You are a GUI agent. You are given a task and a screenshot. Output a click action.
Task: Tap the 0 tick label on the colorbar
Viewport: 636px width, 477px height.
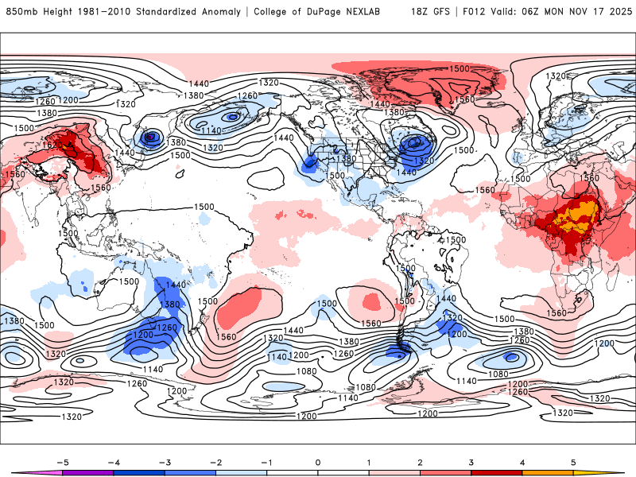(318, 461)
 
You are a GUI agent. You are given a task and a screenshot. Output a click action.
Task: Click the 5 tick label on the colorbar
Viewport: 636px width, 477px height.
(574, 461)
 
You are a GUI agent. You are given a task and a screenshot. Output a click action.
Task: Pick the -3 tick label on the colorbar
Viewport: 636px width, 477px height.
(164, 461)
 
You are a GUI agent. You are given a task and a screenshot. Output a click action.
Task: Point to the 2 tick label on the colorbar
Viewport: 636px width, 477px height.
(421, 461)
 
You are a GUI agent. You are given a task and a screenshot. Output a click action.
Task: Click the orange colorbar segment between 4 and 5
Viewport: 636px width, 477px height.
(549, 472)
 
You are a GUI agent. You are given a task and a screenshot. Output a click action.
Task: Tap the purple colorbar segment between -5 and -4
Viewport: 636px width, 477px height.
(87, 472)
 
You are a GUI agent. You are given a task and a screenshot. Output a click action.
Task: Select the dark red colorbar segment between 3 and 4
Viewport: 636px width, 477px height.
(497, 472)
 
